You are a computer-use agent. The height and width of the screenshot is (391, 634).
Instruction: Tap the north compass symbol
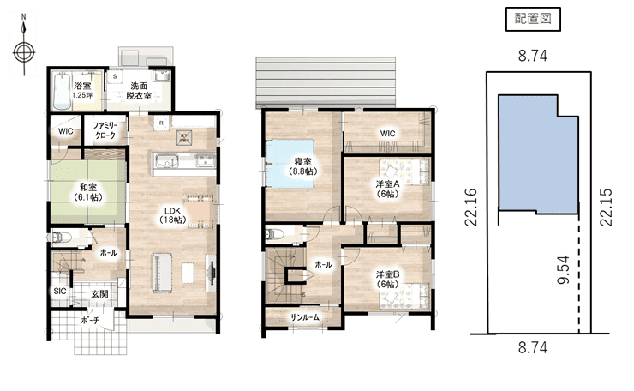[23, 50]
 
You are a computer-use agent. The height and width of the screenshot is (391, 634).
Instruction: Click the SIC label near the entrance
[60, 292]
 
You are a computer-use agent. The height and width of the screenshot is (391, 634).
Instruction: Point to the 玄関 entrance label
[99, 294]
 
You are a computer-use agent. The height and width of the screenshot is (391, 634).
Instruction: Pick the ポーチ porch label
[90, 321]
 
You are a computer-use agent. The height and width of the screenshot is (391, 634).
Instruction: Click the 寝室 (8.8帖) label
[303, 166]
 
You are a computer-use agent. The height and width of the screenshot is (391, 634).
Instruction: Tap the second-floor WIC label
[387, 133]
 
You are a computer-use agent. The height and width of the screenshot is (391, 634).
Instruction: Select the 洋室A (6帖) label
[387, 188]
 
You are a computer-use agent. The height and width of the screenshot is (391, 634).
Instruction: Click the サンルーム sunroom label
[305, 316]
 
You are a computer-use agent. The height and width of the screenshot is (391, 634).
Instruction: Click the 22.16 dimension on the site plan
[470, 208]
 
